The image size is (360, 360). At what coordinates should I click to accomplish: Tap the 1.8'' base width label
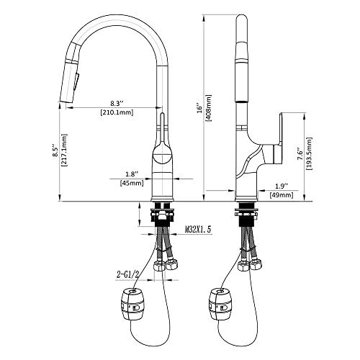130,173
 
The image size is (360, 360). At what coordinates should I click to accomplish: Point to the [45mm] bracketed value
131,183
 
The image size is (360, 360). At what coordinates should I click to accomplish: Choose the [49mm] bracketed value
282,194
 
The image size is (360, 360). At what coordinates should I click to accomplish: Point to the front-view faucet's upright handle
162,122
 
